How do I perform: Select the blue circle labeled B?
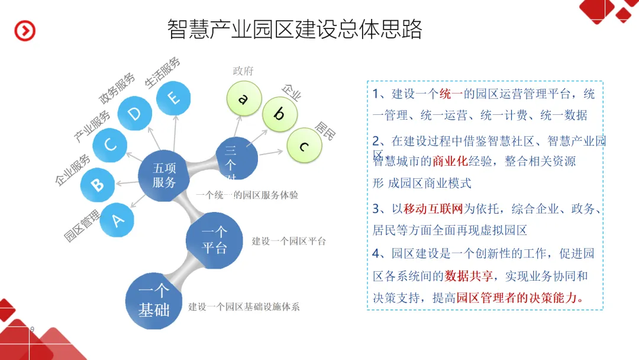[98, 184]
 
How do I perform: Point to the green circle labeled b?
[279, 114]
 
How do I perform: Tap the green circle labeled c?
[304, 145]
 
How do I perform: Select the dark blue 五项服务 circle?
[164, 175]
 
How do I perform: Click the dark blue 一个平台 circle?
[214, 240]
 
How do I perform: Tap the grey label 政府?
[243, 71]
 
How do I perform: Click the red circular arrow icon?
[25, 31]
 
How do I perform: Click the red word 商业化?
[450, 161]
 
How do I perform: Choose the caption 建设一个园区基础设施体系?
[244, 307]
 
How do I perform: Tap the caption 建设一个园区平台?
[289, 241]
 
